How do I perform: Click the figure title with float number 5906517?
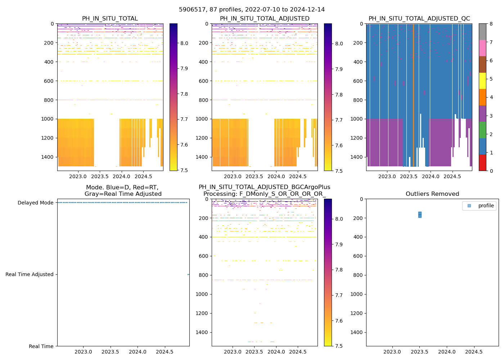pyautogui.click(x=252, y=10)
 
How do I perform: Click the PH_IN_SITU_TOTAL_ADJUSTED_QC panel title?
pyautogui.click(x=419, y=19)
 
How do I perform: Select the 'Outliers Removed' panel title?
pyautogui.click(x=432, y=194)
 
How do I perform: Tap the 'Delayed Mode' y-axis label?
pyautogui.click(x=35, y=203)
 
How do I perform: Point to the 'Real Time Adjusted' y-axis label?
pyautogui.click(x=29, y=274)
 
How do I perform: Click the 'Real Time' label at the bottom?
pyautogui.click(x=41, y=346)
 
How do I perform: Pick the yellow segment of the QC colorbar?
pyautogui.click(x=482, y=81)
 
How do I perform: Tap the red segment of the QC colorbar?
pyautogui.click(x=482, y=162)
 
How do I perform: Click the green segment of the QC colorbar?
pyautogui.click(x=482, y=130)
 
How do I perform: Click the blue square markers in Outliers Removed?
pyautogui.click(x=420, y=215)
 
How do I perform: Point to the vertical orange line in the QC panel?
pyautogui.click(x=413, y=94)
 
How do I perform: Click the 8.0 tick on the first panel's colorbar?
pyautogui.click(x=184, y=43)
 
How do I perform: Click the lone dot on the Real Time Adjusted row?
pyautogui.click(x=188, y=274)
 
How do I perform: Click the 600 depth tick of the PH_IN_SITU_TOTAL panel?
pyautogui.click(x=49, y=81)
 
